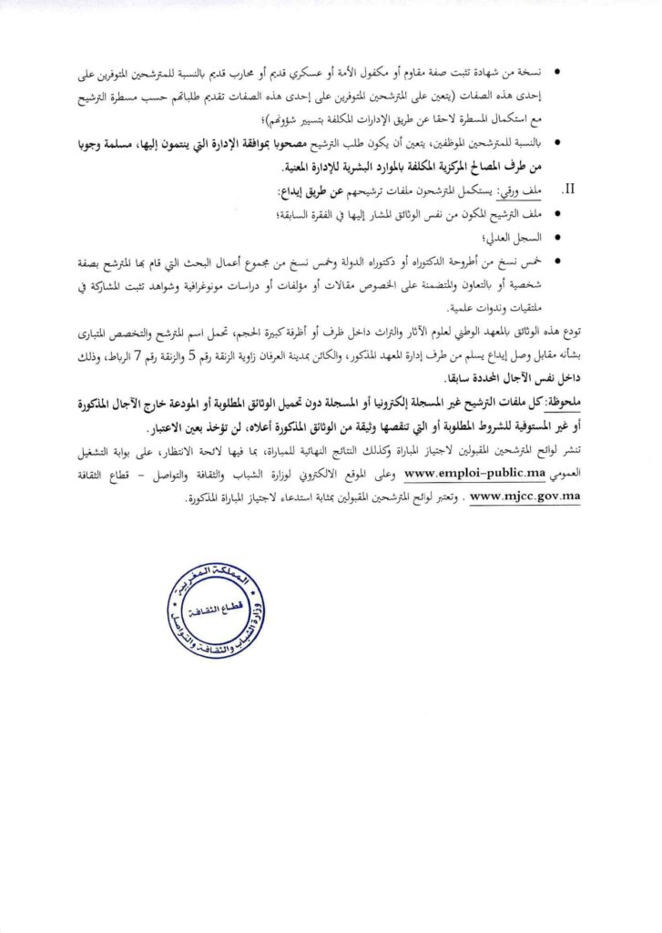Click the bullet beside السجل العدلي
pyautogui.click(x=557, y=237)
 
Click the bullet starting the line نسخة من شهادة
pyautogui.click(x=557, y=71)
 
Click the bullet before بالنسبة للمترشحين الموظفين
pyautogui.click(x=557, y=143)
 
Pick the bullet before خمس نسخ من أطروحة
pyautogui.click(x=557, y=261)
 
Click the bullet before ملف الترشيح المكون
pyautogui.click(x=557, y=213)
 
